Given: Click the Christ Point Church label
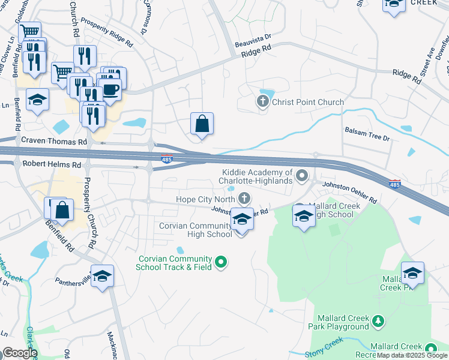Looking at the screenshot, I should [307, 102].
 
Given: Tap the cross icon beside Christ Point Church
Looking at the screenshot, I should [262, 101].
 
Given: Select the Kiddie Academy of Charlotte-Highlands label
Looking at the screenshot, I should [255, 177].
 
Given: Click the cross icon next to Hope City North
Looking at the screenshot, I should [244, 198].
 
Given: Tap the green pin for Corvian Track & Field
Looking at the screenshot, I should [221, 262].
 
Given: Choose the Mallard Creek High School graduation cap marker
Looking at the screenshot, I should [304, 217].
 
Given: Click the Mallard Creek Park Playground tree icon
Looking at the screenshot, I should [378, 322].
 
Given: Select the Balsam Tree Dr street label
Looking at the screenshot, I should [367, 133].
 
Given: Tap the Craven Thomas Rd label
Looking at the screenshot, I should [54, 141].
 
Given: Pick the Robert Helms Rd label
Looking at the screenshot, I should [52, 164].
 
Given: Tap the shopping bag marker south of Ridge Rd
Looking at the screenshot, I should [202, 124].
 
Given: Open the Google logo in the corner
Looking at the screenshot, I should [19, 353].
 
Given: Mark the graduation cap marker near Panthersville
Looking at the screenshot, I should [103, 276].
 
